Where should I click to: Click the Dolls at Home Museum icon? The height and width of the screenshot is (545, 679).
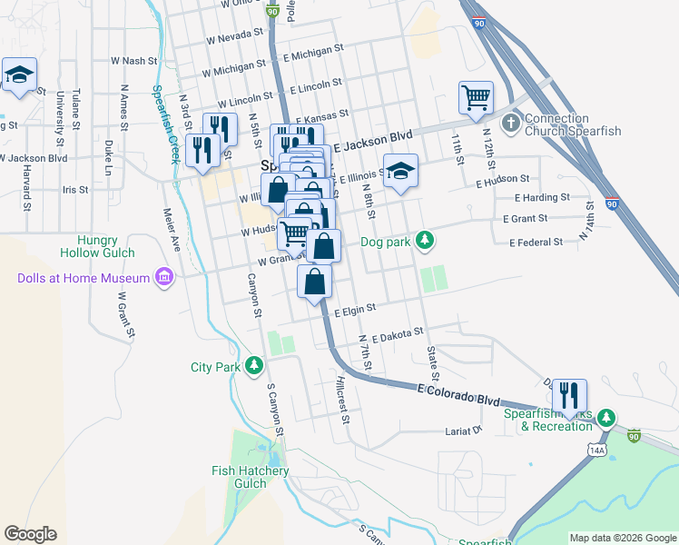tap(164, 276)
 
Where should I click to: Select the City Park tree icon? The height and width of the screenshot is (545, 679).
tap(255, 366)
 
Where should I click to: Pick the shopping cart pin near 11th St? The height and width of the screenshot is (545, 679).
tap(476, 98)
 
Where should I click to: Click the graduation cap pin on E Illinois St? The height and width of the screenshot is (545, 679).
tap(399, 173)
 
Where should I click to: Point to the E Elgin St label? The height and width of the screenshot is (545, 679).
tap(354, 311)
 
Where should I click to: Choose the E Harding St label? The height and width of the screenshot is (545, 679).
tap(542, 197)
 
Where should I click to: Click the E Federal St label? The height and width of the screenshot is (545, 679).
tap(536, 243)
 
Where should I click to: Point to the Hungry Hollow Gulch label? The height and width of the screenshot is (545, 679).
tap(98, 246)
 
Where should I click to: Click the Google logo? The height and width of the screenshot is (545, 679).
tap(30, 534)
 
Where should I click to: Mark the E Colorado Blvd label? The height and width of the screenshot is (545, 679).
tap(458, 394)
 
